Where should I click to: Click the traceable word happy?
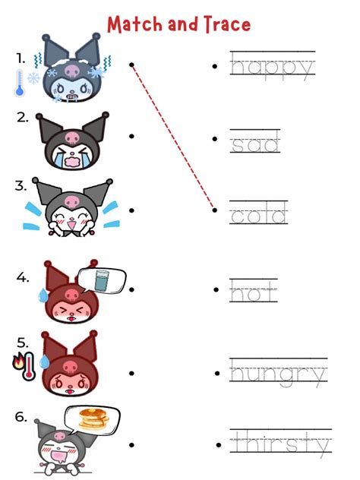273,67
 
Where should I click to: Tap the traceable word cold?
259,213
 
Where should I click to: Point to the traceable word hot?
254,291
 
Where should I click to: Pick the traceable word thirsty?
281,444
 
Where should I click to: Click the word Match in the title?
135,24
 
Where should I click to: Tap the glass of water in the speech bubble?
102,280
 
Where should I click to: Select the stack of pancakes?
93,418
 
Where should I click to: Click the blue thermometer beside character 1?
20,83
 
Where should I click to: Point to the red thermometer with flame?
25,365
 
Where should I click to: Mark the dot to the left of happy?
215,66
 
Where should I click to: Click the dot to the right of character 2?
131,136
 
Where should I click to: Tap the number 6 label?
21,417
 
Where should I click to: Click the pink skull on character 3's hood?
72,202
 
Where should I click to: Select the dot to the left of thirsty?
219,445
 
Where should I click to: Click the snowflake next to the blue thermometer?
33,78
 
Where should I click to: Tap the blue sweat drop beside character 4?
43,295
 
